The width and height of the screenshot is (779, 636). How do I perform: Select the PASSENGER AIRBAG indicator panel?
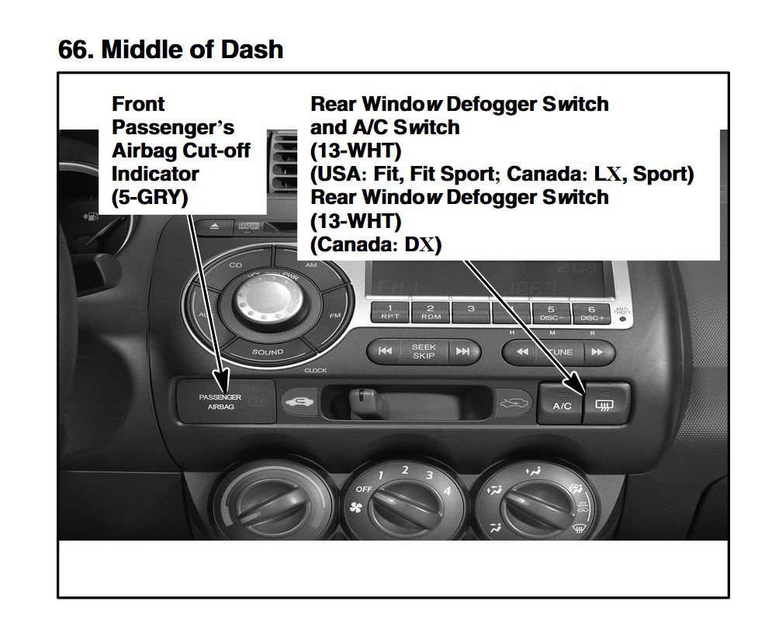point(220,401)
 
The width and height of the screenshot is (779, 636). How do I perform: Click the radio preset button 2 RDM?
point(430,312)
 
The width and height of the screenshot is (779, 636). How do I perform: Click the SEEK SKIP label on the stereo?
point(424,351)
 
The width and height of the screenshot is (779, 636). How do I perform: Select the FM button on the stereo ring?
point(335,315)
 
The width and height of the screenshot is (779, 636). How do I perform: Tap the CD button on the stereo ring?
point(235,265)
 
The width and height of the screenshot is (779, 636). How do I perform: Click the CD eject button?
point(215,226)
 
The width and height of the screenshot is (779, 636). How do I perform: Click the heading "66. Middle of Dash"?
point(171,49)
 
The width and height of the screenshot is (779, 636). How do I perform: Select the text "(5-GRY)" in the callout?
point(150,197)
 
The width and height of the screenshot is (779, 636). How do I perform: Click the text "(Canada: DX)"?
point(376,245)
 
